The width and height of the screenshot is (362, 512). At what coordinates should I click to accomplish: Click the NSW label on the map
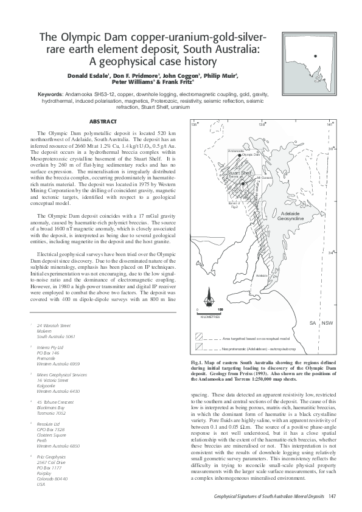(328, 322)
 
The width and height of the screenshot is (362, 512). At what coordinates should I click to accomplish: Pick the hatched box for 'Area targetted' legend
(200, 336)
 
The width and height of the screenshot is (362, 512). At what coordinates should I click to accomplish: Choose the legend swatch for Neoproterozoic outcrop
(200, 348)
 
